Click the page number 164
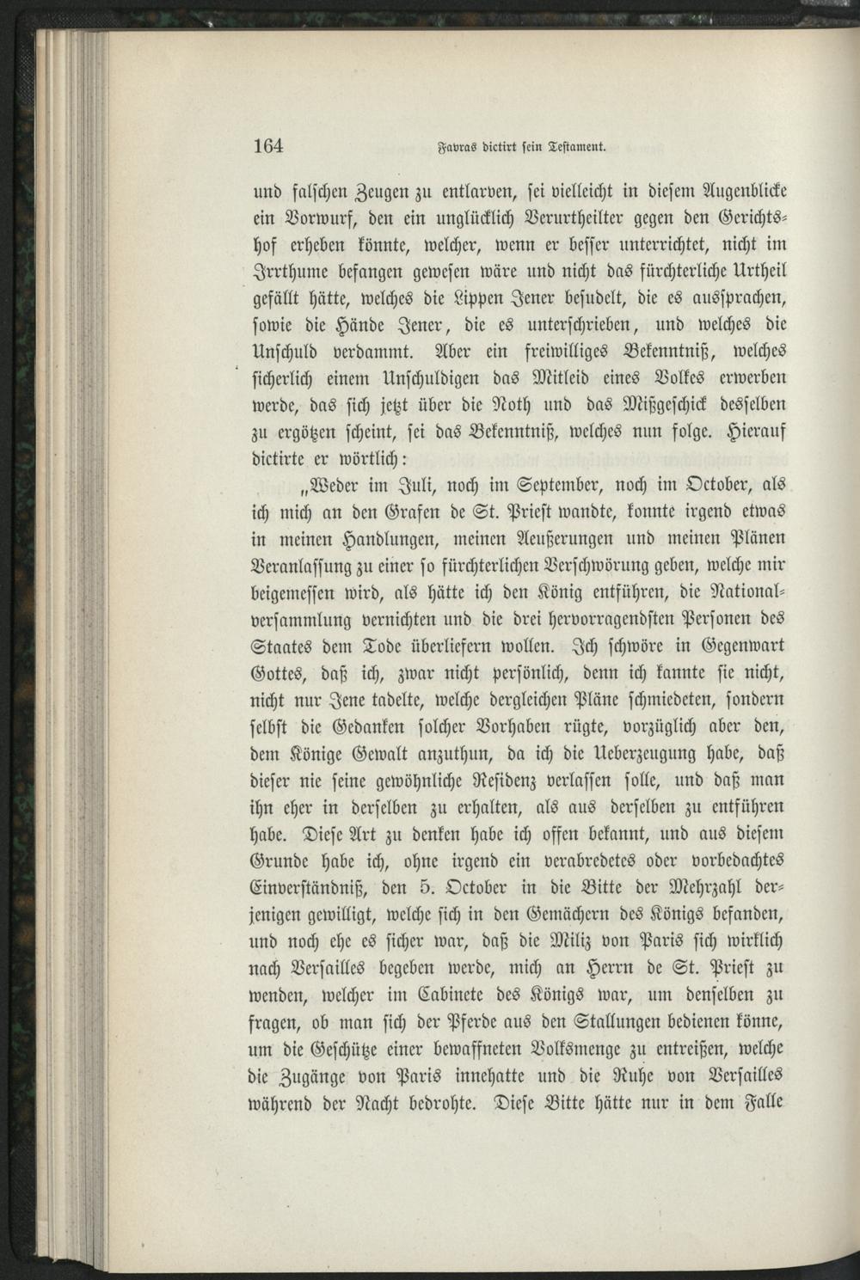[x=268, y=145]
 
